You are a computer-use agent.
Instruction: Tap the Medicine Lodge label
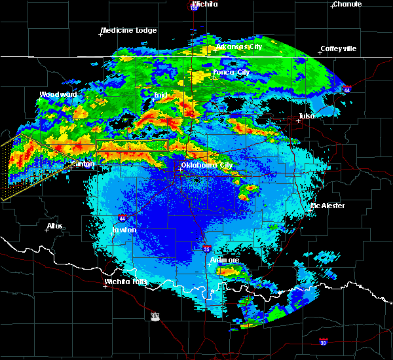coord(128,30)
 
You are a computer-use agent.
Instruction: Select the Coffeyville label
coord(338,49)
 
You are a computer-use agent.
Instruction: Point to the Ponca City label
coord(231,72)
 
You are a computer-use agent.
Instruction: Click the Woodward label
coord(58,94)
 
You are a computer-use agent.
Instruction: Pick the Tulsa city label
coord(306,116)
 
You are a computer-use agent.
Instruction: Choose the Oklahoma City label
coord(207,165)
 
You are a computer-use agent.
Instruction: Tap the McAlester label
coord(327,206)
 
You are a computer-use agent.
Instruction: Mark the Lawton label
coord(124,230)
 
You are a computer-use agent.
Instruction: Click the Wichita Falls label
coord(127,282)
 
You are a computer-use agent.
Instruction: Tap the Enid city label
coord(159,96)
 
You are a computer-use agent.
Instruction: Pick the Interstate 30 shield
coord(323,342)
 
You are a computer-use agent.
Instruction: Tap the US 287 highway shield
coord(155,316)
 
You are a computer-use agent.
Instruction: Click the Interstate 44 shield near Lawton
coord(122,217)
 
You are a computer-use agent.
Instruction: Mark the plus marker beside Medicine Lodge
coord(100,35)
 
